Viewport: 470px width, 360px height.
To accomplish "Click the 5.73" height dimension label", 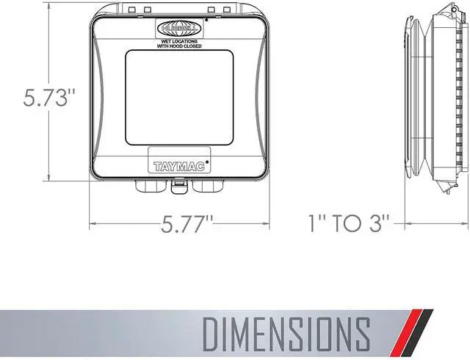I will point(39,99).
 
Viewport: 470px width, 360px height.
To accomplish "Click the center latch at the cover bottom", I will point(177,187).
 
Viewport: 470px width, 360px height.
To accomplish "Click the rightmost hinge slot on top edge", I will point(225,10).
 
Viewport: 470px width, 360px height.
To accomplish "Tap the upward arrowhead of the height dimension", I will point(48,13).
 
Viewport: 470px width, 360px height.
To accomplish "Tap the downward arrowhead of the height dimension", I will point(48,179).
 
